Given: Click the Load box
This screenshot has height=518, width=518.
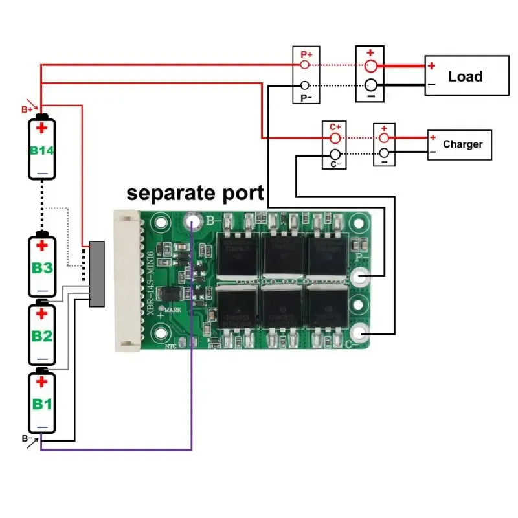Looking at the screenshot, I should click(x=466, y=76).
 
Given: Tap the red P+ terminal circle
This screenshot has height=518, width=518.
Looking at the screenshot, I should click(x=306, y=65).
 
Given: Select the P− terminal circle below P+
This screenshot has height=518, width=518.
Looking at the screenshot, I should click(x=306, y=85).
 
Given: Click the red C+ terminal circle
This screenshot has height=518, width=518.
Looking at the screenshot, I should click(x=335, y=139).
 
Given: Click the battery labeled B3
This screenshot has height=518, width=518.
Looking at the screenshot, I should click(x=43, y=265).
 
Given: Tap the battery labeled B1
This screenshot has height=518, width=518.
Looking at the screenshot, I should click(x=43, y=402).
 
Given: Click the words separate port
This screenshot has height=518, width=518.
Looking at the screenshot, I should click(x=195, y=193).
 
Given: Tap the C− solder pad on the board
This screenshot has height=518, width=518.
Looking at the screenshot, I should click(x=360, y=334).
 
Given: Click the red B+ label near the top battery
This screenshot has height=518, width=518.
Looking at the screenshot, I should click(x=27, y=109).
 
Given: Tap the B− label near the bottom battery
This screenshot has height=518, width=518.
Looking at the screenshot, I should click(x=27, y=439).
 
